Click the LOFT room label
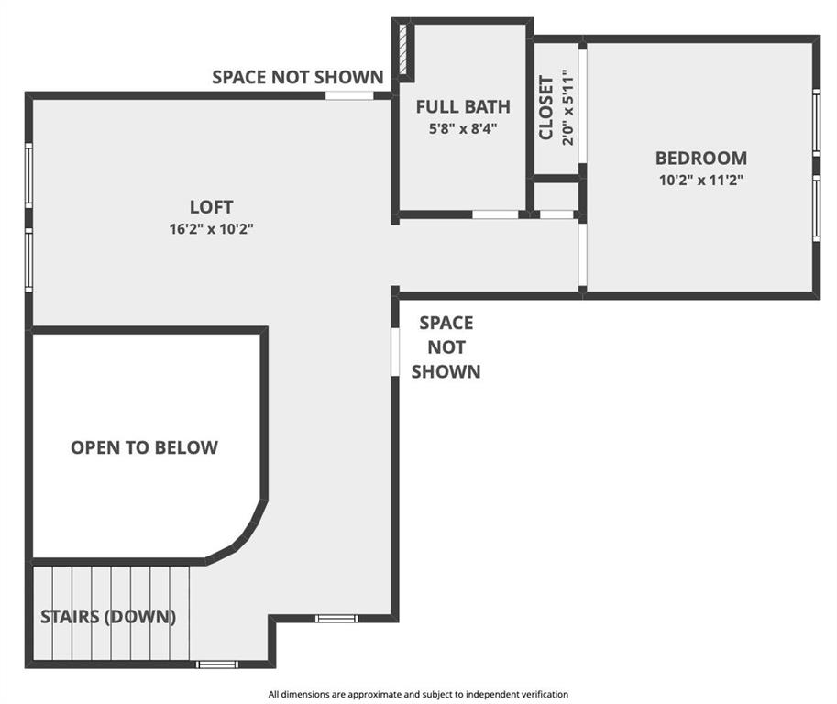pyautogui.click(x=211, y=207)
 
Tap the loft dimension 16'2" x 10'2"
pyautogui.click(x=211, y=229)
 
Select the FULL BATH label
pyautogui.click(x=463, y=106)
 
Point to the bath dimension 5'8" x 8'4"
pyautogui.click(x=463, y=128)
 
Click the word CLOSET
pyautogui.click(x=545, y=107)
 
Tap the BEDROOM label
pyautogui.click(x=701, y=158)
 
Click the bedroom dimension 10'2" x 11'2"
pyautogui.click(x=701, y=180)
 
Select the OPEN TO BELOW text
pyautogui.click(x=144, y=447)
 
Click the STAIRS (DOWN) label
pyautogui.click(x=108, y=617)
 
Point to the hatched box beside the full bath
pyautogui.click(x=403, y=49)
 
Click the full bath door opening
pyautogui.click(x=495, y=214)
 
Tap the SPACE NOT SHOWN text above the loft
pyautogui.click(x=297, y=77)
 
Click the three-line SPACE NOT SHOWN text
pyautogui.click(x=446, y=346)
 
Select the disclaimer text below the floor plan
pyautogui.click(x=418, y=695)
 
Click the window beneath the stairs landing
pyautogui.click(x=216, y=665)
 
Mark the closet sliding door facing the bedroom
pyautogui.click(x=582, y=105)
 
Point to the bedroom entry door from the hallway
pyautogui.click(x=582, y=254)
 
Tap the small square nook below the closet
pyautogui.click(x=556, y=197)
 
